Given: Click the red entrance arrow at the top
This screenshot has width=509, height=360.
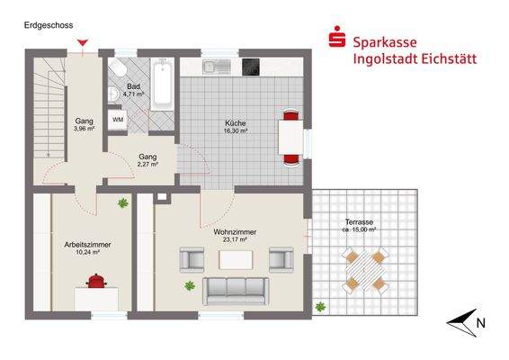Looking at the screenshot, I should pyautogui.click(x=84, y=42).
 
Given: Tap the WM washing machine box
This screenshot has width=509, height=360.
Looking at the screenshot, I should pyautogui.click(x=118, y=119).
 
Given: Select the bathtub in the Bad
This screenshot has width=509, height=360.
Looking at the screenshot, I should pyautogui.click(x=163, y=83).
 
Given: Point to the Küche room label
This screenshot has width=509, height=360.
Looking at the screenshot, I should pyautogui.click(x=236, y=122).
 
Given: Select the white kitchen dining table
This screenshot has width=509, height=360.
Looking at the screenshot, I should pyautogui.click(x=290, y=138).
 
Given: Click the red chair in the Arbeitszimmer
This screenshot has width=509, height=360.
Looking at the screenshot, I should pyautogui.click(x=95, y=283).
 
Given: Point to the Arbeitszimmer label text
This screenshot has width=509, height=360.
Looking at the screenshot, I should pyautogui.click(x=87, y=244).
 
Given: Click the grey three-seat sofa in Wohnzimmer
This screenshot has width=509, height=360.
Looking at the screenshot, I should pyautogui.click(x=236, y=289).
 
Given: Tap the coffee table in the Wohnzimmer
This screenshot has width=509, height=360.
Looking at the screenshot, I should pyautogui.click(x=236, y=259).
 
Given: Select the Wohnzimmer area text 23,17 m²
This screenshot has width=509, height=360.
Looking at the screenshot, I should pyautogui.click(x=236, y=240).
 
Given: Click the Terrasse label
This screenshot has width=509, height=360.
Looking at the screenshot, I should pyautogui.click(x=359, y=221).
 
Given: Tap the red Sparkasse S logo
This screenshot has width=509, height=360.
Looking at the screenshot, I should pyautogui.click(x=336, y=40).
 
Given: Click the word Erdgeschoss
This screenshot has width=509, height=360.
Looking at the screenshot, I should pyautogui.click(x=49, y=26).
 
